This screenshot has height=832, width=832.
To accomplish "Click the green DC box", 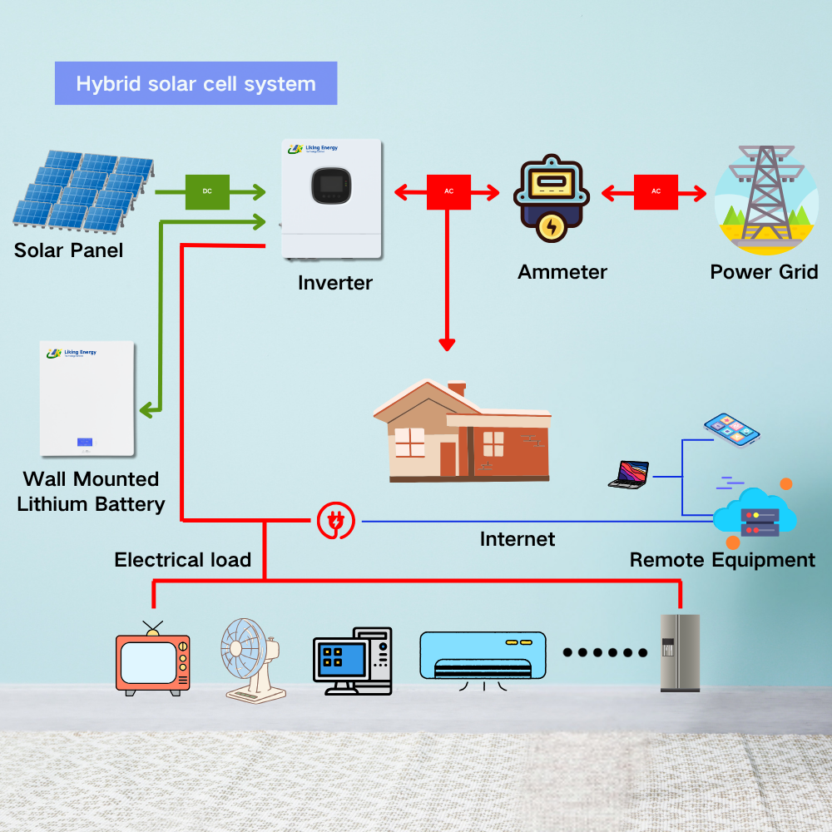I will [207, 191].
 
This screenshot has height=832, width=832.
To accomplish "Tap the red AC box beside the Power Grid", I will [656, 192].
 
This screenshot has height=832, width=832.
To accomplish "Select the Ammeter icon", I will [551, 201].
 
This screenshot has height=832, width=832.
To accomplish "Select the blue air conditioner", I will [483, 654].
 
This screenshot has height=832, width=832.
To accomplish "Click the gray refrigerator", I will [680, 653].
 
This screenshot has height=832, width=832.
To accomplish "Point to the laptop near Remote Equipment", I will [629, 474].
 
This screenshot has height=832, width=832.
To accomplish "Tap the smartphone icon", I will [731, 428].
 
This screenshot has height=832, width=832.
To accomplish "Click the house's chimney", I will [456, 389].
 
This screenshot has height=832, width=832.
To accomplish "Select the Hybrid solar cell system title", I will [196, 84].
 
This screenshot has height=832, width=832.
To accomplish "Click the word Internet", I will [517, 539].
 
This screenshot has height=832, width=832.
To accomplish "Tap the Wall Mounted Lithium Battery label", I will [91, 491].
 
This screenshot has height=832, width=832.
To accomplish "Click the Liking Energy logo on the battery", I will [72, 354].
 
